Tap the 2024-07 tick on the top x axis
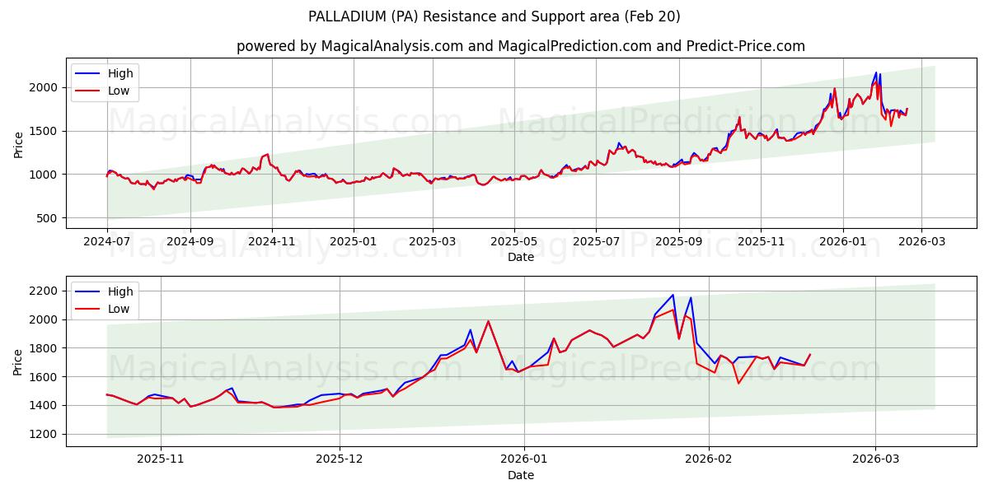(x=106, y=242)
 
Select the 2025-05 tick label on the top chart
(x=514, y=242)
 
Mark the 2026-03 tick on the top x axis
(x=922, y=242)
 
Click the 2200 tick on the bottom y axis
(x=43, y=291)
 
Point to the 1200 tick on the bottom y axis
(x=43, y=434)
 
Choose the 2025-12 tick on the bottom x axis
(x=340, y=460)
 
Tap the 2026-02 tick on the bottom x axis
(x=710, y=460)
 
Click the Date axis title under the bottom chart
(x=520, y=475)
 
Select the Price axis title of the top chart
(x=19, y=145)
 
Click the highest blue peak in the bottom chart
(x=673, y=295)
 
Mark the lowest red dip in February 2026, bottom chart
(x=738, y=383)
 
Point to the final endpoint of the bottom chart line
(x=810, y=354)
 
